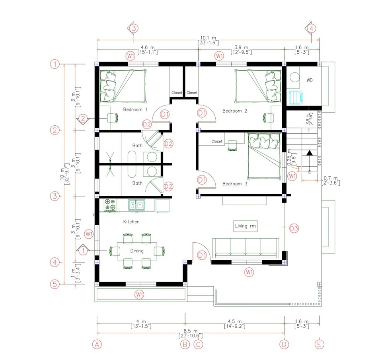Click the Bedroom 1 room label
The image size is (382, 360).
pos(135,109)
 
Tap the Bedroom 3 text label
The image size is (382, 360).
pos(234,184)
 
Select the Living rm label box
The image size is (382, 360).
pos(246,226)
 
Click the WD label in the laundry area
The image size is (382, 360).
pos(309,80)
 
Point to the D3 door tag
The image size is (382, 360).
pos(294,228)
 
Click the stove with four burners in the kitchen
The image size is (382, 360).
pos(110,204)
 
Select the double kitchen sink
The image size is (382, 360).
pos(136,205)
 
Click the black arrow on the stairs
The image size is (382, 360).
pos(309,153)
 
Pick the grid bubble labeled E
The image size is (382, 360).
pos(319,344)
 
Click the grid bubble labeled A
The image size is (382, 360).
pos(97,344)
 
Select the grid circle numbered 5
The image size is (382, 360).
pos(55,284)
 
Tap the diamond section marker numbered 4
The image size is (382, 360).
pos(311,29)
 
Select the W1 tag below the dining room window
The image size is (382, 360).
pos(139,295)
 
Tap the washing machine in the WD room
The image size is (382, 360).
pos(295,97)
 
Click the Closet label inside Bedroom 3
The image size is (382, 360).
pos(217,141)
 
